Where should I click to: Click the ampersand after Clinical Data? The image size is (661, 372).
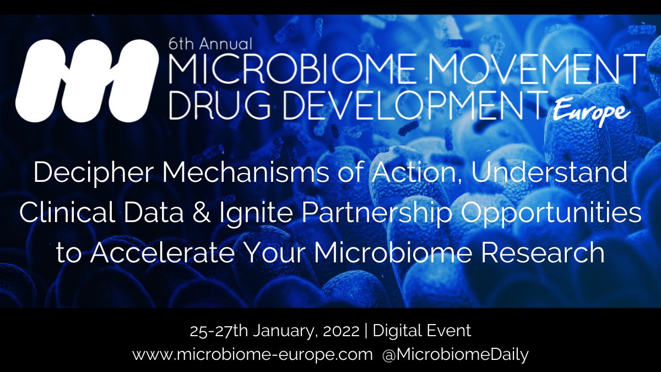[193, 213]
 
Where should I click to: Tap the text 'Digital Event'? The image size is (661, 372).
[422, 331]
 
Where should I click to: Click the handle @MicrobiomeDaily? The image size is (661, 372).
[455, 354]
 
